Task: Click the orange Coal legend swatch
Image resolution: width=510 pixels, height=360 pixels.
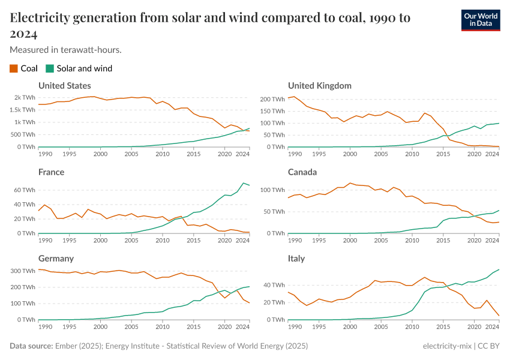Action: click(x=14, y=68)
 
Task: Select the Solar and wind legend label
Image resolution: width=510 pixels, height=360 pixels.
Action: click(x=84, y=68)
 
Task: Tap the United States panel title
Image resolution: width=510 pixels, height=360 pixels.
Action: click(x=65, y=86)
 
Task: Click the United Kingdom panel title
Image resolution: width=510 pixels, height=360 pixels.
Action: click(x=319, y=86)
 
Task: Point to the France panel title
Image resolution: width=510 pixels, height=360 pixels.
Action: click(x=51, y=172)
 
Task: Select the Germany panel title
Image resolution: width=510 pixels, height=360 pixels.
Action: click(x=56, y=259)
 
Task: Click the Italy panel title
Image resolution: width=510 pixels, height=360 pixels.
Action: click(x=296, y=259)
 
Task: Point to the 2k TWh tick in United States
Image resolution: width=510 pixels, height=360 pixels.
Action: click(x=25, y=97)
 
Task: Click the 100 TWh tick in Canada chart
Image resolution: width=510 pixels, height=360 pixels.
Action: click(x=272, y=190)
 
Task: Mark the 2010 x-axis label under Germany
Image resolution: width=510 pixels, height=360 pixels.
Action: click(x=162, y=327)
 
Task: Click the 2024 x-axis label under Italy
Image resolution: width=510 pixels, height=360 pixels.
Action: click(x=492, y=327)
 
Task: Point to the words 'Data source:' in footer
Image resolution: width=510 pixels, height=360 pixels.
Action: click(x=31, y=346)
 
